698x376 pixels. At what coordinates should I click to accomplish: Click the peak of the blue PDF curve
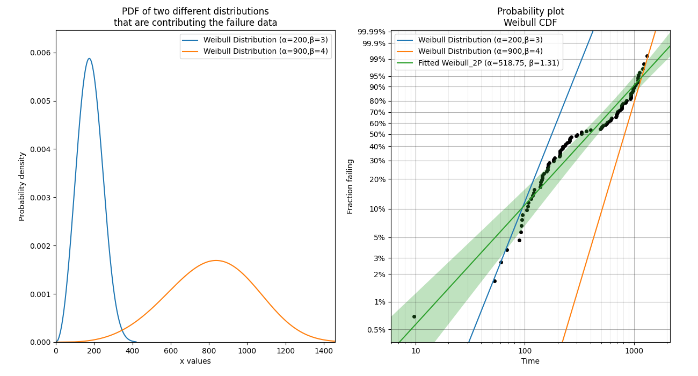click(x=89, y=59)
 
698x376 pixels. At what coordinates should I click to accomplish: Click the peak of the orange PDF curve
click(x=216, y=261)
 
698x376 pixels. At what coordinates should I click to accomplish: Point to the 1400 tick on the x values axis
click(x=323, y=349)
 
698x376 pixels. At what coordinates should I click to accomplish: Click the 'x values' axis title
click(x=195, y=361)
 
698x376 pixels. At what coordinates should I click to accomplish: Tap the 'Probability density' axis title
click(x=22, y=186)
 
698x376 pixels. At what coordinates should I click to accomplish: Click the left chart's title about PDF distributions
click(x=195, y=17)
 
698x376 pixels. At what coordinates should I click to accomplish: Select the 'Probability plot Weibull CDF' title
click(x=530, y=17)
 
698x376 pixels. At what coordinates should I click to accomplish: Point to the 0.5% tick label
click(x=376, y=329)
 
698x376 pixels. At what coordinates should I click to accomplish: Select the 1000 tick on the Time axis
click(x=634, y=350)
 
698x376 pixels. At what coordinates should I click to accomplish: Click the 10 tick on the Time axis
click(x=416, y=350)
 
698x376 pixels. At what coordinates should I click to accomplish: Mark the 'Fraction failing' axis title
click(x=350, y=186)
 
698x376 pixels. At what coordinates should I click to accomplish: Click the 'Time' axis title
click(x=530, y=361)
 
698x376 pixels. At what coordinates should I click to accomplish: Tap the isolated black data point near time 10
click(x=414, y=316)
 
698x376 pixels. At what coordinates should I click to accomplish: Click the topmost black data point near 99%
click(x=647, y=56)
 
